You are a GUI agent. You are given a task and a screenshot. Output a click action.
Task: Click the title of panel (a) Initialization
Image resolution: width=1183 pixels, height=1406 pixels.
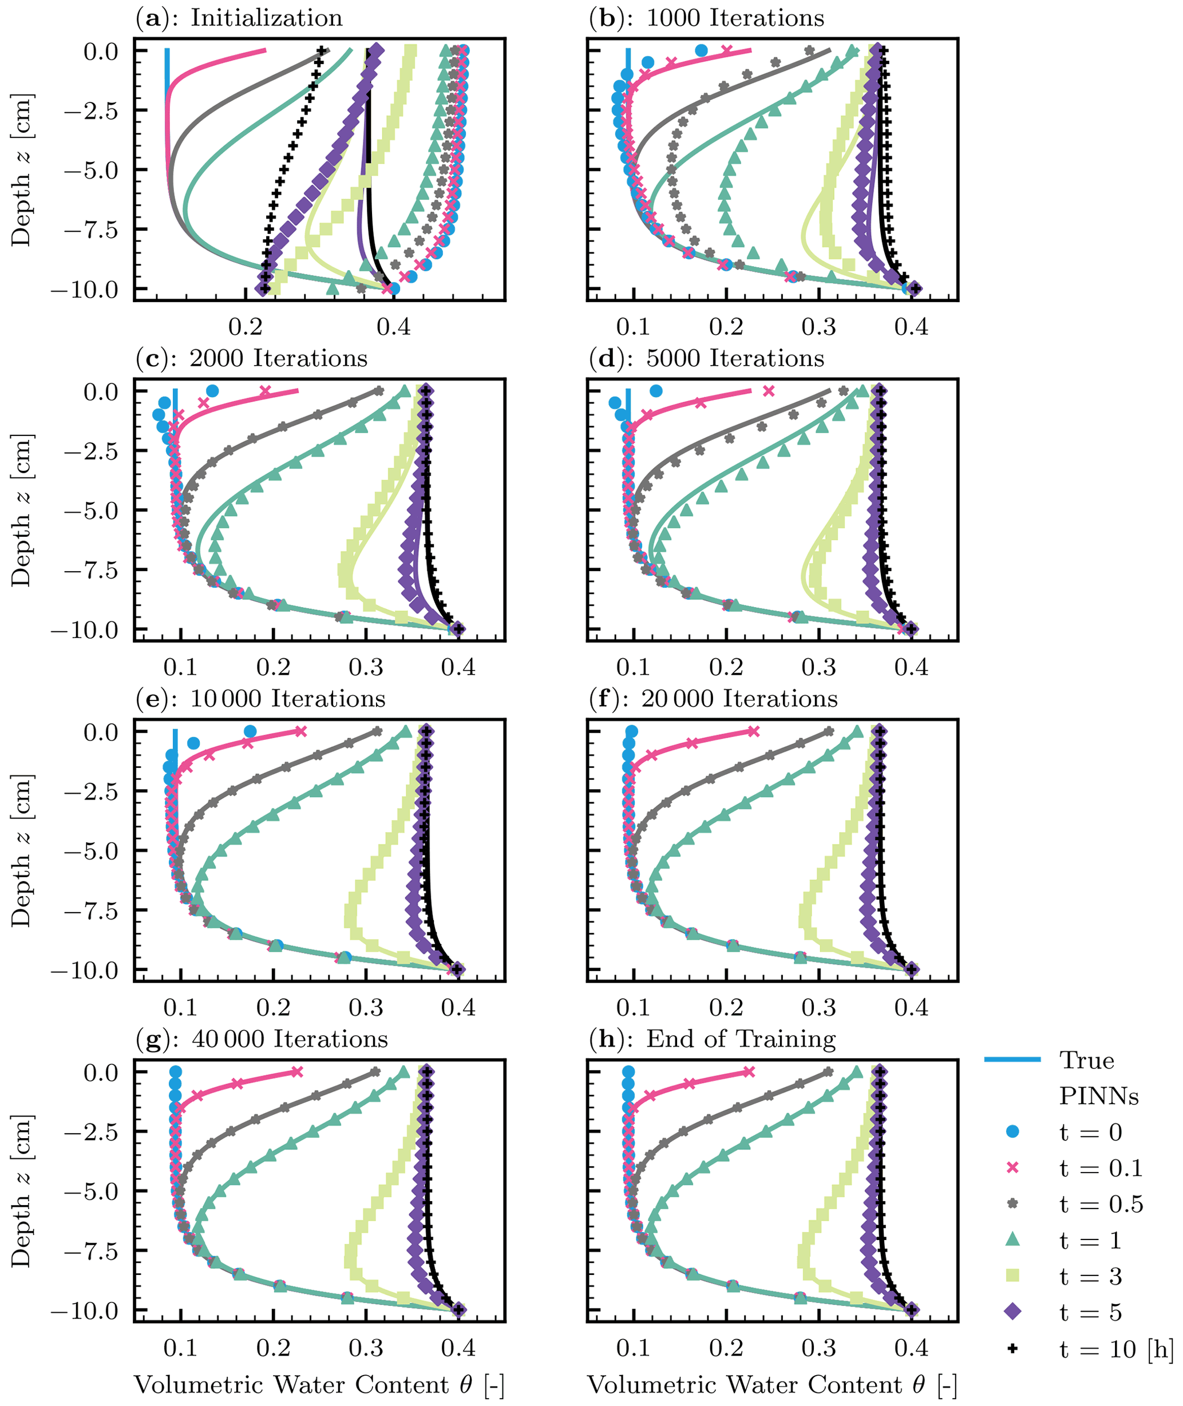239,18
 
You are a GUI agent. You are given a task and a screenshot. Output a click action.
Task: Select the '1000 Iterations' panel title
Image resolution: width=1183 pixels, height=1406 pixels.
706,18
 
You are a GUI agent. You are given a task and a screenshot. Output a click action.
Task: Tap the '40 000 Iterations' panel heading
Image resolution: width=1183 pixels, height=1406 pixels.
262,1039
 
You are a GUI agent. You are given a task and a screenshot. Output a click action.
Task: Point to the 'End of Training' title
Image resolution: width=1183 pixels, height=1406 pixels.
712,1039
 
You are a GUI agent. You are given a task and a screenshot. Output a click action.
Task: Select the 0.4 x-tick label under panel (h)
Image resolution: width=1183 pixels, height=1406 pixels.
911,1348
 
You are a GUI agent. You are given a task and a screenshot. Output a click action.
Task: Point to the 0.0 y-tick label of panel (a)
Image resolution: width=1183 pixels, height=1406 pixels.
101,52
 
